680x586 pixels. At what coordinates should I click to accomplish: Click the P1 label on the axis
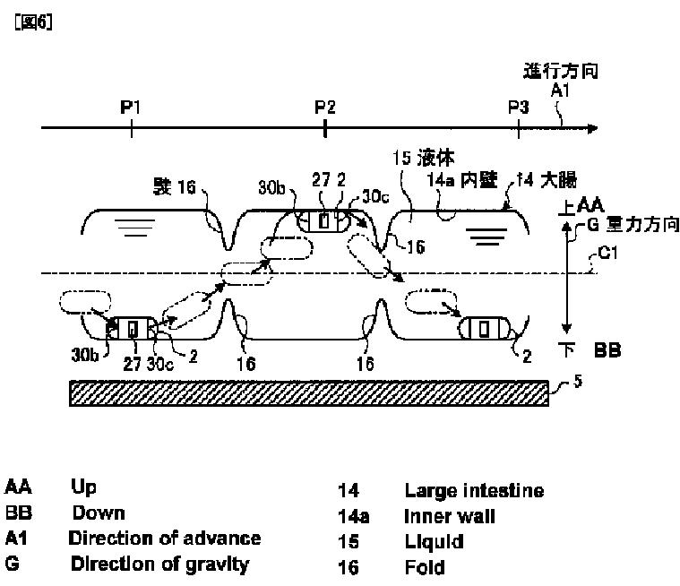click(132, 108)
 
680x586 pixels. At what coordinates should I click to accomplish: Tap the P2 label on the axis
click(324, 108)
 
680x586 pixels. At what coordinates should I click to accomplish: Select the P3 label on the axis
click(518, 108)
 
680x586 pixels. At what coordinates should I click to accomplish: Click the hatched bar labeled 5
click(309, 392)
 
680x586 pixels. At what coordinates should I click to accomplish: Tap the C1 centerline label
click(609, 254)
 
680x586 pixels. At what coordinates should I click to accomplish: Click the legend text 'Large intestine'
click(474, 491)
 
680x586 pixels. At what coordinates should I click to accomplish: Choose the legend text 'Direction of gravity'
click(159, 564)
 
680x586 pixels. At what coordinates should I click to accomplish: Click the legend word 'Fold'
click(424, 568)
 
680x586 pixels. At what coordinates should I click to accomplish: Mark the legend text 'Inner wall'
click(450, 517)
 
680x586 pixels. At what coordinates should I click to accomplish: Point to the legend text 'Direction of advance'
click(165, 539)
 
